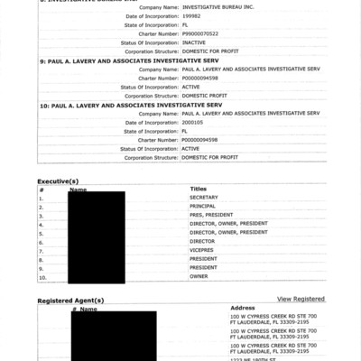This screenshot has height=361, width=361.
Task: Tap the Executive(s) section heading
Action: (58, 181)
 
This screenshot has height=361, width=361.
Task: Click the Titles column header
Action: (199, 190)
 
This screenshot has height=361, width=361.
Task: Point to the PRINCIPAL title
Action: (203, 207)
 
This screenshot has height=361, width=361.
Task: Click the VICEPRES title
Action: (202, 250)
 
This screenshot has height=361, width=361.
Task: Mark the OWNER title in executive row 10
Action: (199, 276)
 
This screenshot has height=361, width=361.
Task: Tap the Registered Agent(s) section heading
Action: (70, 301)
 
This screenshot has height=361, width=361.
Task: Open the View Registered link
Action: (301, 299)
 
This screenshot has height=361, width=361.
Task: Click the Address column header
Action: (243, 308)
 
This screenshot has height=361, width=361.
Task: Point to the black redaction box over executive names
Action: (97, 236)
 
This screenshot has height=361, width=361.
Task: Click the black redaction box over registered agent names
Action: (101, 334)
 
